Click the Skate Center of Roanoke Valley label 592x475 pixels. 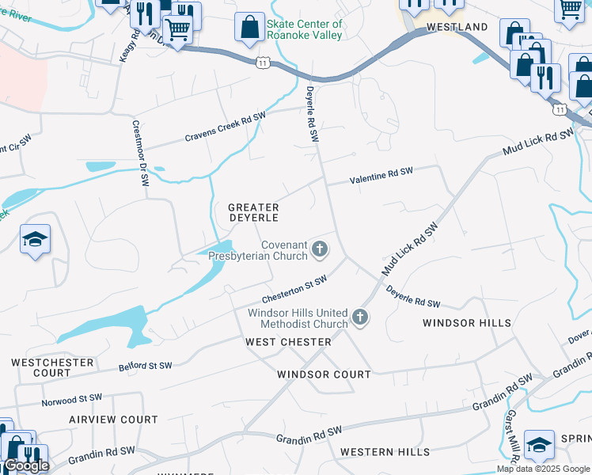pos(305,29)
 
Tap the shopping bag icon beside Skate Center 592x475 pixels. pos(249,28)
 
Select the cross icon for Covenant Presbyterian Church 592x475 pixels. pos(320,250)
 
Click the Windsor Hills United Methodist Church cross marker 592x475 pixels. pos(360,317)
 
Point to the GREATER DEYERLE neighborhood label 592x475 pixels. pos(253,212)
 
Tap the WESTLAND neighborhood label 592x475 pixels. pos(457,27)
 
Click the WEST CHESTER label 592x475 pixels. pos(288,342)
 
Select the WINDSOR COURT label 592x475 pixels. pos(324,374)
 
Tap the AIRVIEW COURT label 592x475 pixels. pos(113,420)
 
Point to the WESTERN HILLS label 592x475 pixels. pos(385,452)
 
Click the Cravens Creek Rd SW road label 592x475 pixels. pos(225,127)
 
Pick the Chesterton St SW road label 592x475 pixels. pos(294,289)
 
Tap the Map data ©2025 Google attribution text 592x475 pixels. pos(544,469)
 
